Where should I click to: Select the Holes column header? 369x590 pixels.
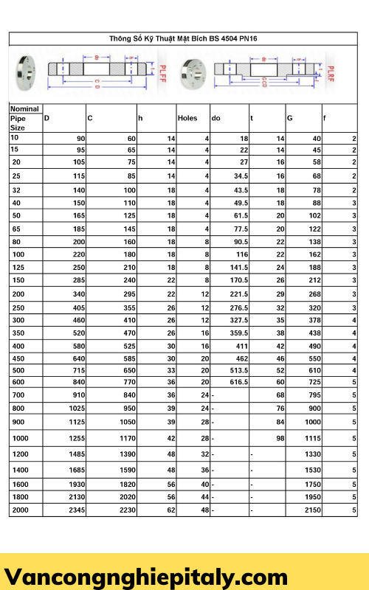pos(188,118)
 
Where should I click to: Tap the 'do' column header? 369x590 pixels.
pos(215,118)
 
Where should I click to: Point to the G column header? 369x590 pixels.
pos(289,118)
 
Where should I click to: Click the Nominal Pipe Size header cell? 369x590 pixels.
pos(24,117)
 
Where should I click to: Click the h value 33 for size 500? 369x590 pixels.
pos(170,369)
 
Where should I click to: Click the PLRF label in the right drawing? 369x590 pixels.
pos(331,74)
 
